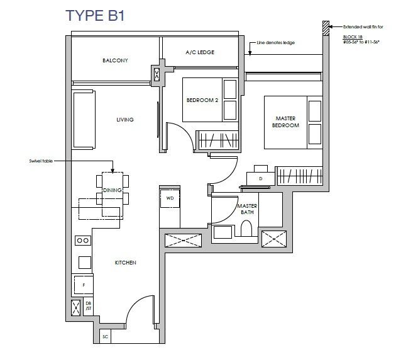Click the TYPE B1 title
(96, 16)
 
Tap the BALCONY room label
(115, 60)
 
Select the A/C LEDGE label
(201, 52)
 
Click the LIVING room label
(124, 120)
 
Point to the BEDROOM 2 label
(202, 100)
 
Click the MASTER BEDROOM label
(285, 122)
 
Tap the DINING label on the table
(113, 190)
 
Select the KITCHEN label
(125, 263)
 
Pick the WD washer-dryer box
(170, 198)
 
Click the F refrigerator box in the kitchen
(83, 285)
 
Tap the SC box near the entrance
(105, 338)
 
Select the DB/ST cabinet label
(88, 306)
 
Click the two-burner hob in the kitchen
(82, 240)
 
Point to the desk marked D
(260, 178)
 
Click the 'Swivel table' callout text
(40, 161)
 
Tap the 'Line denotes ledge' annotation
(276, 43)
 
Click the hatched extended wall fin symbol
(325, 27)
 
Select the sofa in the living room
(84, 119)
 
